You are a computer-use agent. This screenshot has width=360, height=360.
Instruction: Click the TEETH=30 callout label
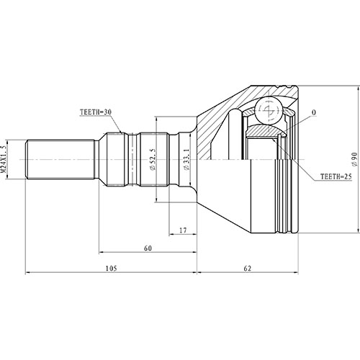94,113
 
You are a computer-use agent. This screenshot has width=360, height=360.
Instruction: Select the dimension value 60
148,249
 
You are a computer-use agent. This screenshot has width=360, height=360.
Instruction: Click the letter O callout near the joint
314,113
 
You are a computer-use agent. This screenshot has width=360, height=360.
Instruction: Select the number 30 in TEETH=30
107,113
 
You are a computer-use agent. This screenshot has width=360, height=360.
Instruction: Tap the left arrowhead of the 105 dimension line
29,274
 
